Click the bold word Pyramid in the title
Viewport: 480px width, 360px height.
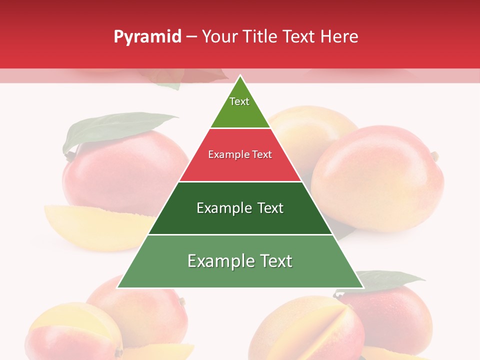coord(147,37)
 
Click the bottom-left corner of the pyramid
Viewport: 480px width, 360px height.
coord(118,287)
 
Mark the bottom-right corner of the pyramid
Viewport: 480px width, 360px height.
coord(363,287)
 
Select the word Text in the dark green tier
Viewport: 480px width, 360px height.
coord(270,208)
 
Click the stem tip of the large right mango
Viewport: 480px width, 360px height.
coord(435,156)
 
